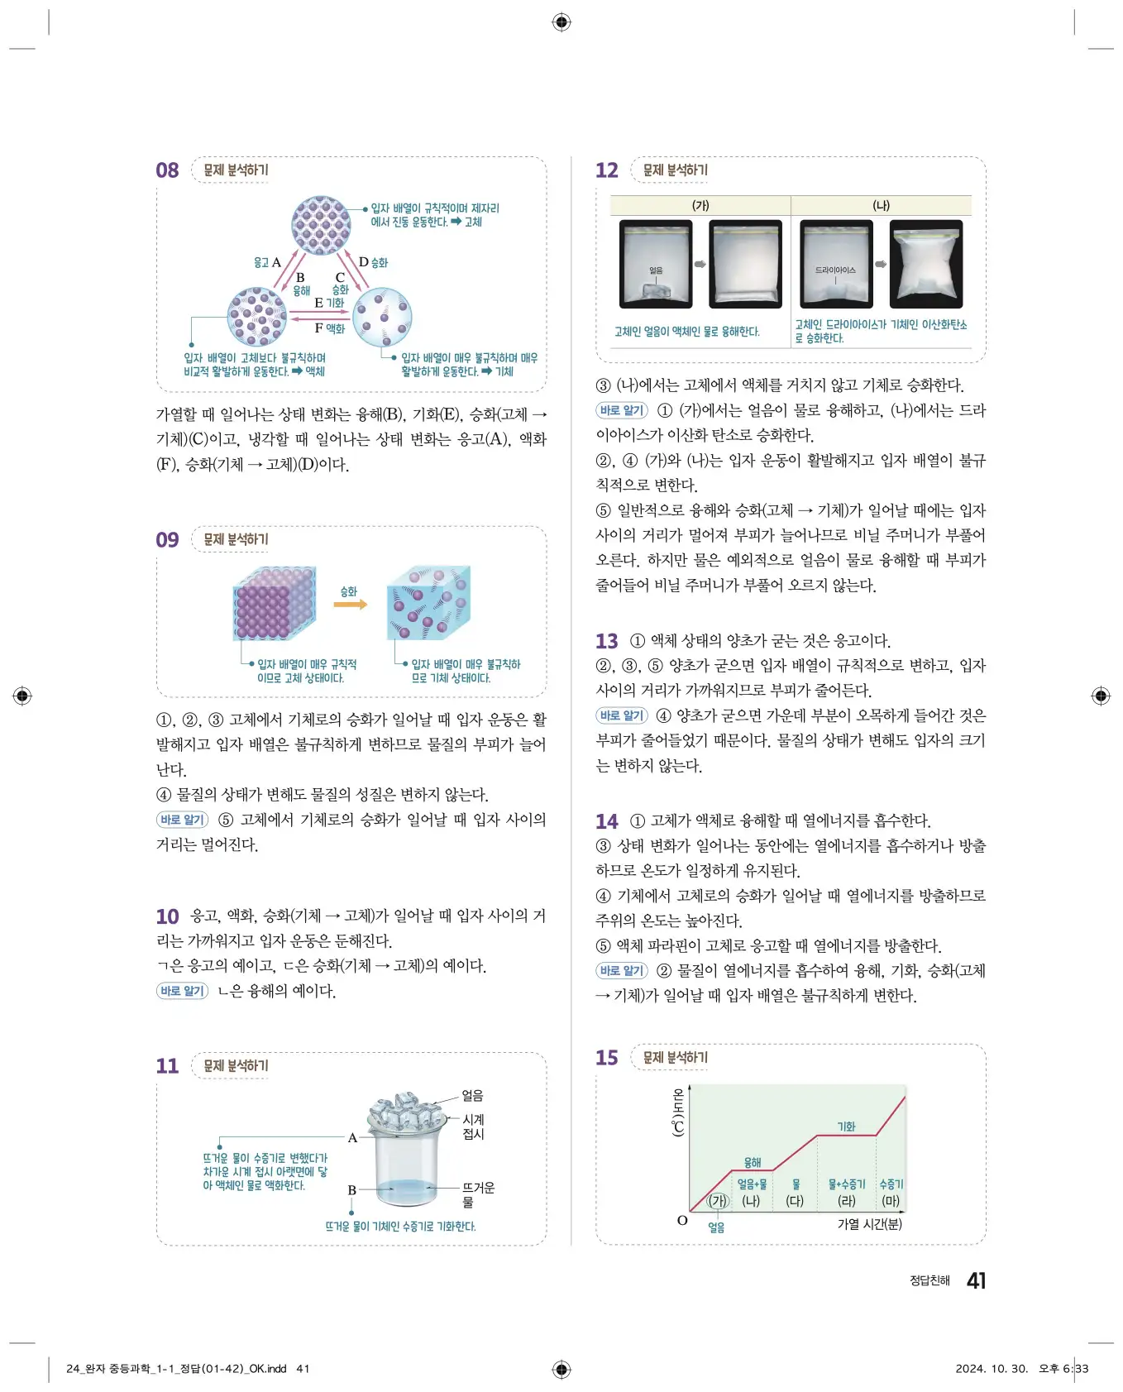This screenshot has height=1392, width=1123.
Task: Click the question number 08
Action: (x=167, y=170)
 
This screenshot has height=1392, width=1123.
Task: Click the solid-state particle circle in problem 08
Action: (x=321, y=225)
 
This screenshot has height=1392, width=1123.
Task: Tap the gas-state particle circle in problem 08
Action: (x=382, y=317)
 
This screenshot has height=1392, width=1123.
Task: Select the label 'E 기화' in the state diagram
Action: (x=328, y=303)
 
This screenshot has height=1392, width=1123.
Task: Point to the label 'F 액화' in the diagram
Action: (x=329, y=328)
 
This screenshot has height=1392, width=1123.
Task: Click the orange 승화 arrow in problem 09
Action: (x=350, y=605)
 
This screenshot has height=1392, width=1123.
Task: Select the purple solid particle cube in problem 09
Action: (x=274, y=604)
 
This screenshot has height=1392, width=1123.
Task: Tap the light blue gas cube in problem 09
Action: (x=428, y=604)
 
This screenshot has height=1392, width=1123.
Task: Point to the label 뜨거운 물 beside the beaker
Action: (x=478, y=1194)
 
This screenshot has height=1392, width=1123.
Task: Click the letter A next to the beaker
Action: (x=352, y=1137)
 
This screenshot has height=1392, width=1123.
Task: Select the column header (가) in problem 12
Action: (x=700, y=206)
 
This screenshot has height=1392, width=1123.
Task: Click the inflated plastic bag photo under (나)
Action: (x=925, y=265)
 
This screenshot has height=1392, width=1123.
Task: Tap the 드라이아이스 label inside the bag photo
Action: (x=835, y=270)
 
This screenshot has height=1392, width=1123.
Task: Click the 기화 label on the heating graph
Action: (x=846, y=1127)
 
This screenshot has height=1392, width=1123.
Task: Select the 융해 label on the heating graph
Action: (x=753, y=1162)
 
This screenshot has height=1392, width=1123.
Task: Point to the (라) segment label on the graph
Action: (x=846, y=1200)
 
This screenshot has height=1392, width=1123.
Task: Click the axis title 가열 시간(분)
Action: (x=869, y=1223)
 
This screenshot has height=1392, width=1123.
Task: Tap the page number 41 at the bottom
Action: (x=976, y=1280)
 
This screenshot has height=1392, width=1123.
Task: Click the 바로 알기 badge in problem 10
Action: (x=182, y=991)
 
